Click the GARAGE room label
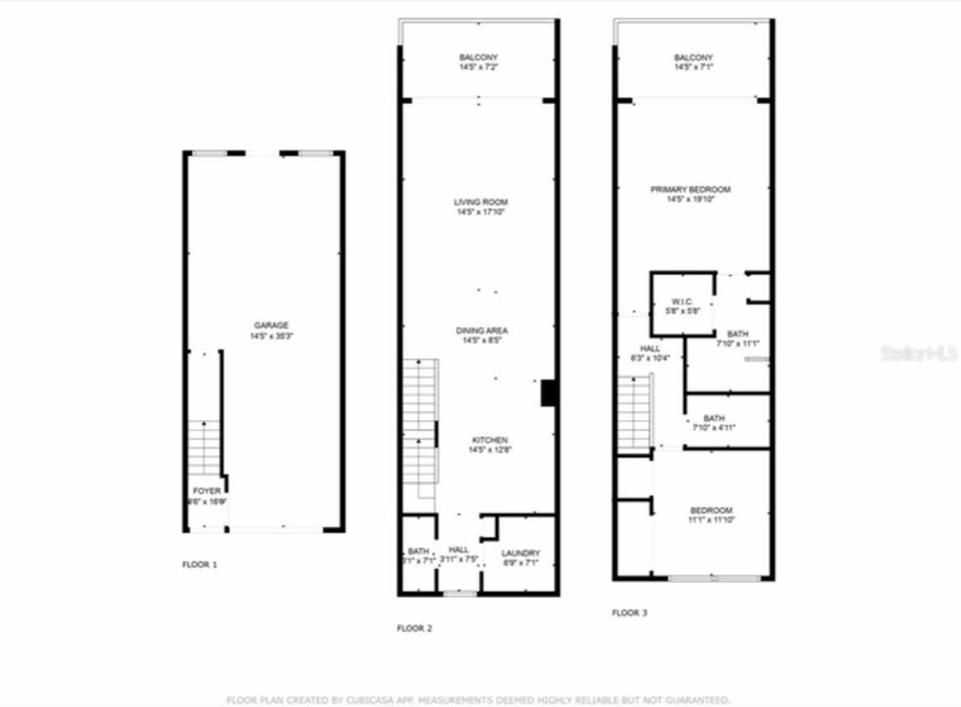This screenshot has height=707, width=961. (x=271, y=326)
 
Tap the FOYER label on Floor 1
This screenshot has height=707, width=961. (x=207, y=491)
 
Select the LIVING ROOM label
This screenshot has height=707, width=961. (x=480, y=202)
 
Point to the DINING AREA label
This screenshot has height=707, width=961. (x=482, y=331)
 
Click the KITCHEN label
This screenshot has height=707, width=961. (x=490, y=440)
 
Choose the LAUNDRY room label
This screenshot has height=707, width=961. (x=520, y=553)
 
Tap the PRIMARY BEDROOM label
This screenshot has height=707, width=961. (x=690, y=190)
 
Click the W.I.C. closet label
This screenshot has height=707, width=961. (x=682, y=301)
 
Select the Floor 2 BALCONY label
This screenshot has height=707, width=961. (x=478, y=58)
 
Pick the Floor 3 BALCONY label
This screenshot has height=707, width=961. (x=693, y=58)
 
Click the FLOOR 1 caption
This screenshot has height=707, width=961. (x=200, y=564)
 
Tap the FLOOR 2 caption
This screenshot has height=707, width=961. (x=414, y=628)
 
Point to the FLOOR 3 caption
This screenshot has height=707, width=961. (x=629, y=612)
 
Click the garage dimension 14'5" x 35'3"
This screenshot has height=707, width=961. (x=271, y=337)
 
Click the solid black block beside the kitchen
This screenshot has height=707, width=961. (x=548, y=393)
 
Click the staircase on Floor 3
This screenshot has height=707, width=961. (x=634, y=413)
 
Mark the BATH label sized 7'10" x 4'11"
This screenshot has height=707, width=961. (x=714, y=418)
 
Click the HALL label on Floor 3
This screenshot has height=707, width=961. (x=650, y=348)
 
